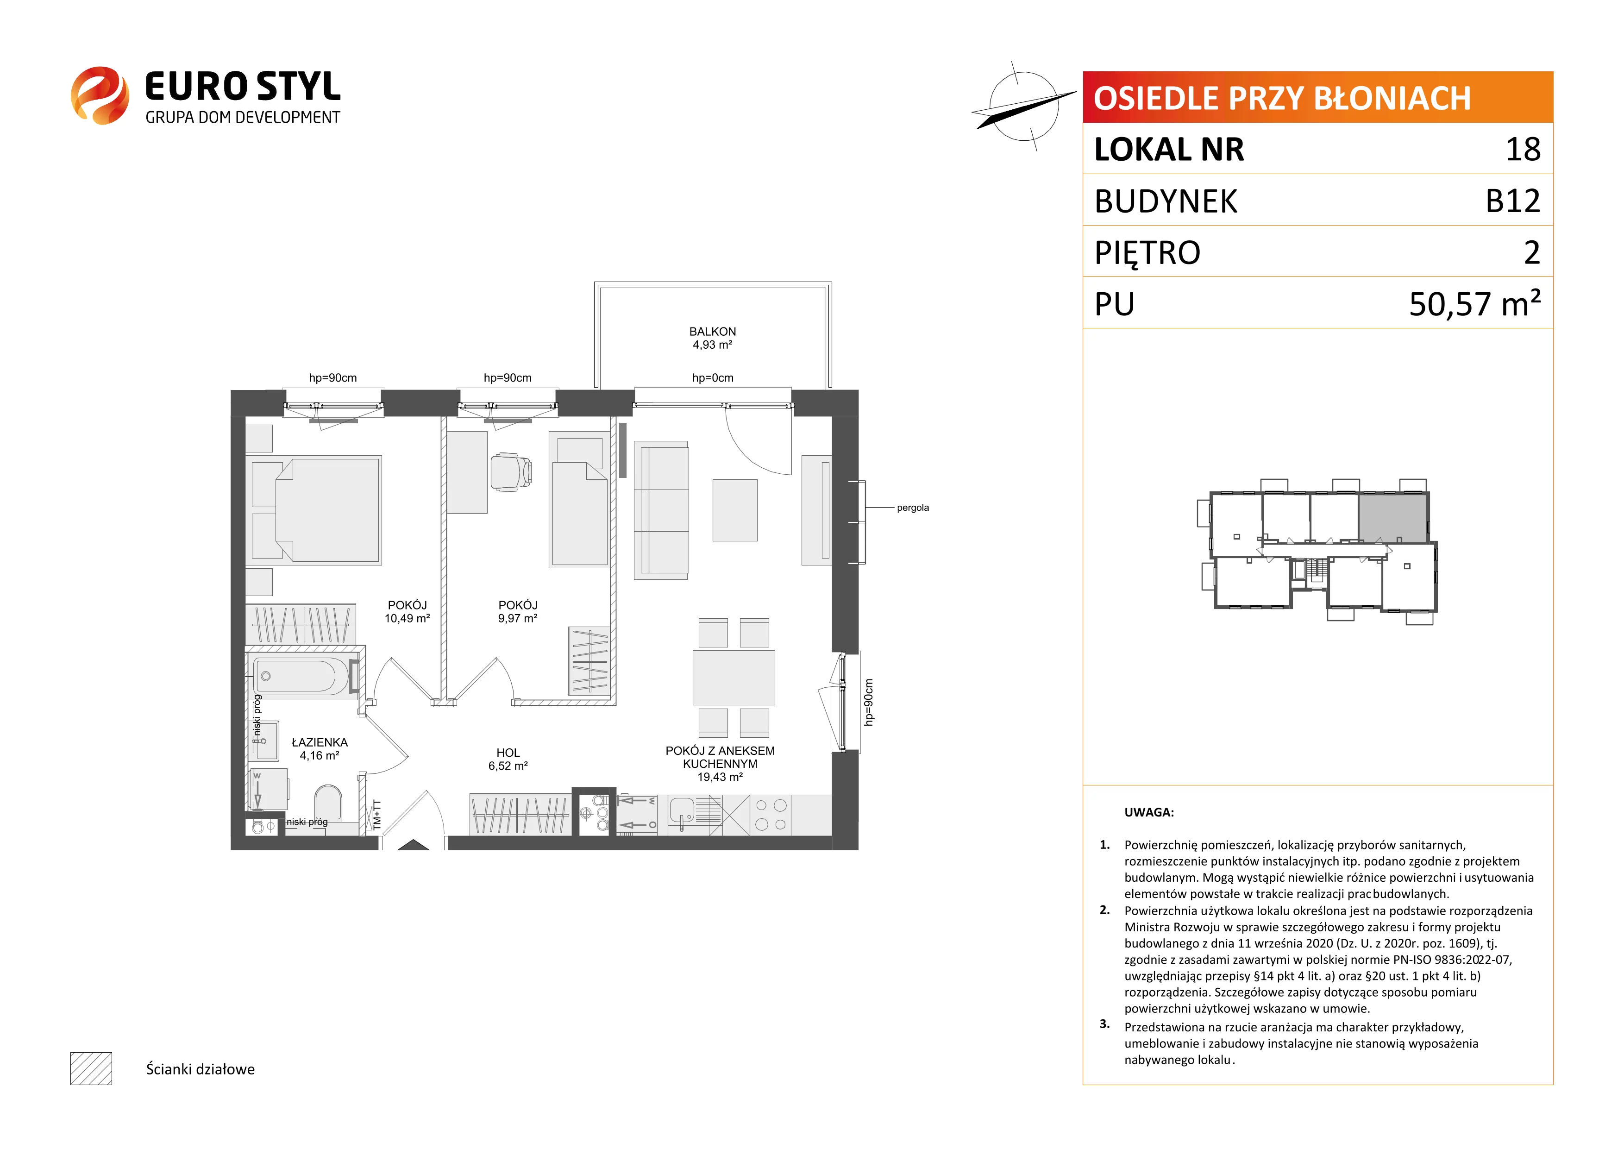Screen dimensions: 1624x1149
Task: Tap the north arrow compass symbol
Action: point(1023,106)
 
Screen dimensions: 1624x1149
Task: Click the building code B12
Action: point(1512,201)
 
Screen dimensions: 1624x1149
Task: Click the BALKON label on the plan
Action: point(712,331)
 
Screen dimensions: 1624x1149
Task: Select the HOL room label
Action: point(508,753)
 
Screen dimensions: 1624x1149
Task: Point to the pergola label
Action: point(912,508)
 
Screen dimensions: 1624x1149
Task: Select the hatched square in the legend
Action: point(91,1068)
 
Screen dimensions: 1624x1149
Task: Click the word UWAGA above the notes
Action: point(1149,812)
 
